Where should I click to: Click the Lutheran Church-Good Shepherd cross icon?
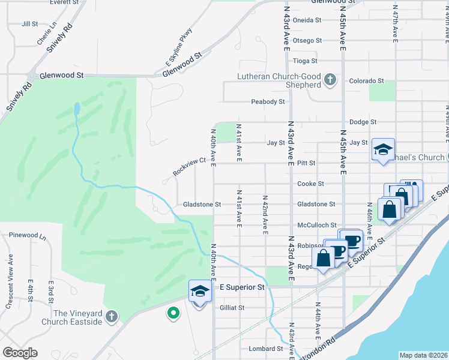[330, 80]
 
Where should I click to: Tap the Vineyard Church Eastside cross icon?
[110, 316]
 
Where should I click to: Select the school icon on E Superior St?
[199, 292]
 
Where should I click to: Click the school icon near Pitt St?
[382, 150]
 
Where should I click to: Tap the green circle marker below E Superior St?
[173, 313]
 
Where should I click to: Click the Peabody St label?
[268, 101]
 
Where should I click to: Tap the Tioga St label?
[306, 61]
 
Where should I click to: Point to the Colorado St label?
[366, 80]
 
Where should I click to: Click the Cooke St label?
[311, 184]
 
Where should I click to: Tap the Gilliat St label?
[232, 307]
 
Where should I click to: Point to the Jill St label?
[29, 24]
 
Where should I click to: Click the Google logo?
[20, 353]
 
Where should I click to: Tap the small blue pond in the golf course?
[77, 109]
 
